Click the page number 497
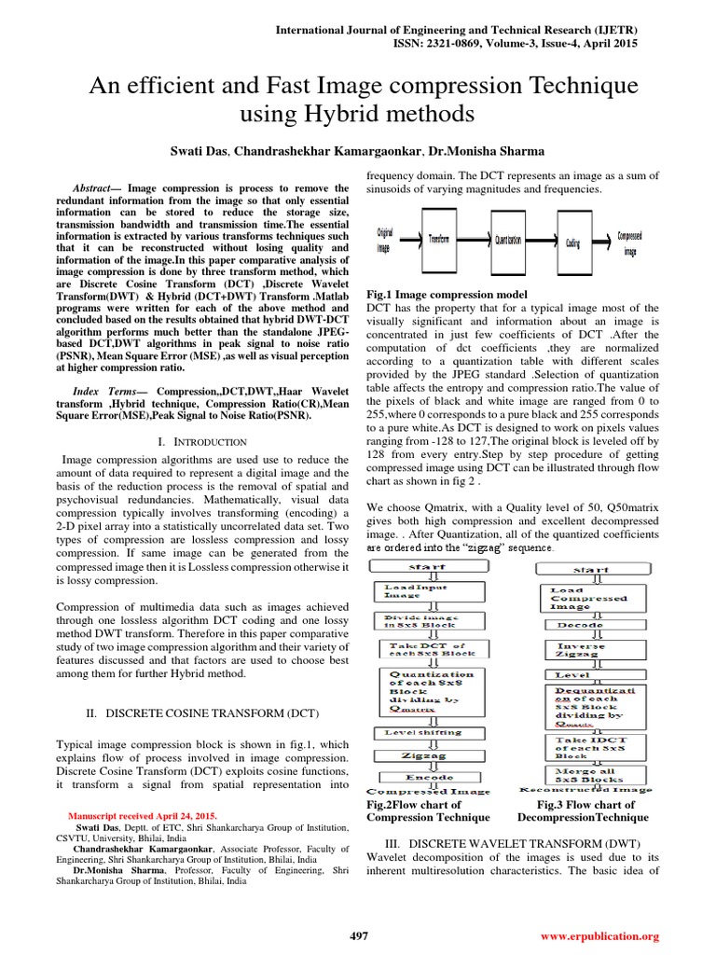[x=358, y=935]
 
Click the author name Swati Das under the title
[x=197, y=151]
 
